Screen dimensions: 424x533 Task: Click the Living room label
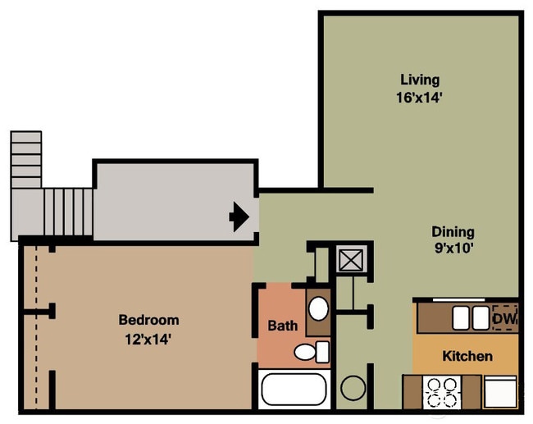[420, 80]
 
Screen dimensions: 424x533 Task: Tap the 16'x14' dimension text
[420, 97]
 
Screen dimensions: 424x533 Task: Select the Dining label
[453, 232]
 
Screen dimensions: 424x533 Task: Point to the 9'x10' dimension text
[453, 248]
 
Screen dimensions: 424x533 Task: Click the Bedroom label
[148, 320]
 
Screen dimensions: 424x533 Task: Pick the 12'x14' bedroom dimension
[148, 336]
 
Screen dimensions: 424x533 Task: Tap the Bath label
[283, 326]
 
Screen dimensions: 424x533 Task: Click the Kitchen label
[467, 356]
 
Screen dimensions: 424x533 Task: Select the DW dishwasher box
[503, 317]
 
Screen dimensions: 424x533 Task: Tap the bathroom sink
[318, 308]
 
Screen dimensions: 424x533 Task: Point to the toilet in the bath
[308, 353]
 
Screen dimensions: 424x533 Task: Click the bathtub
[294, 390]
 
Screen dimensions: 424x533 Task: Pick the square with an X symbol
[354, 262]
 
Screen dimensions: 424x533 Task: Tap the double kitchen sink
[468, 317]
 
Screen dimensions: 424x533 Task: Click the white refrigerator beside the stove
[500, 390]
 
